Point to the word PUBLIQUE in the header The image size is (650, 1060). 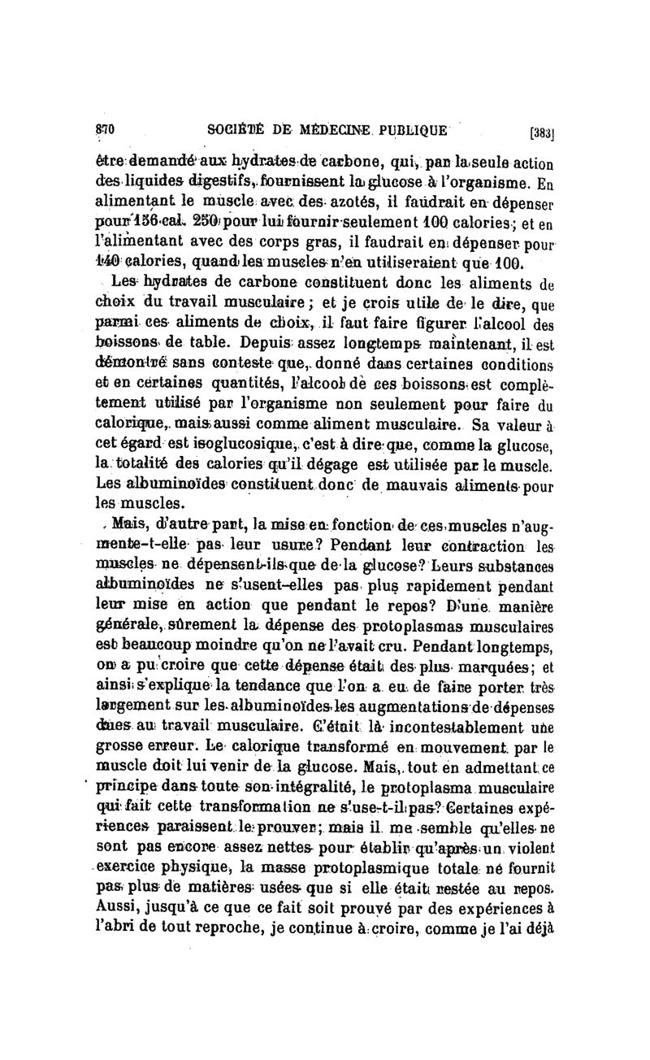pyautogui.click(x=418, y=128)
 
